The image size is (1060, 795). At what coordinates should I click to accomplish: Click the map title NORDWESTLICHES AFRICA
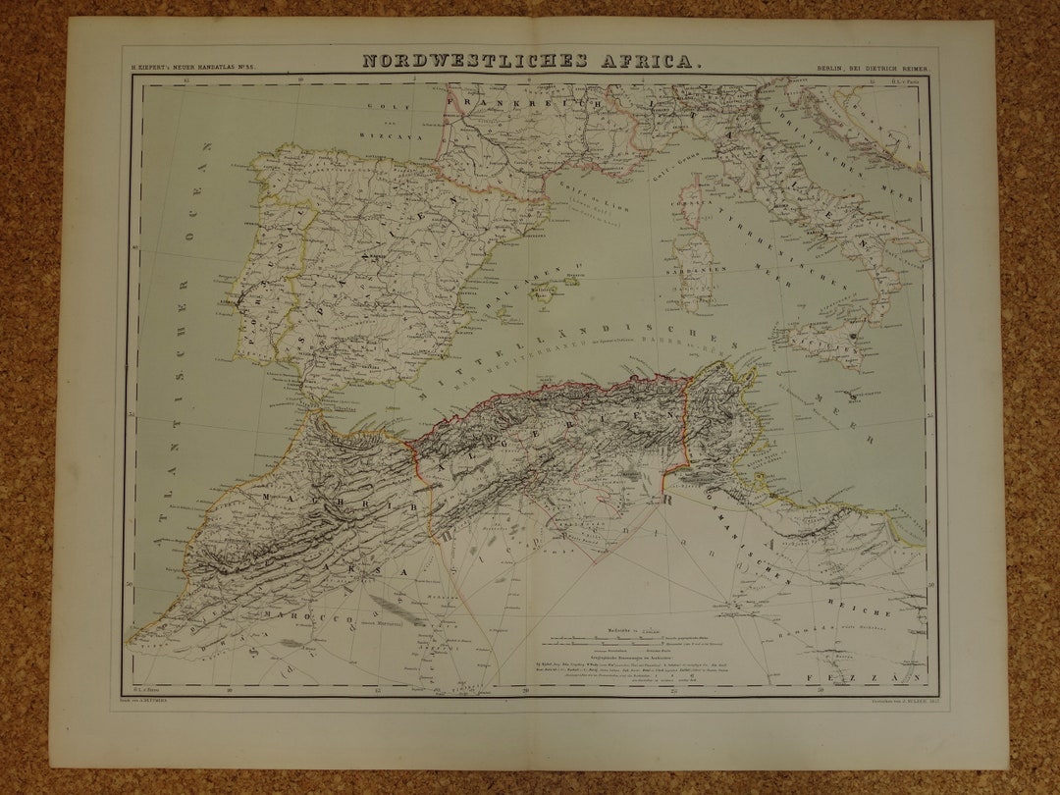click(x=531, y=61)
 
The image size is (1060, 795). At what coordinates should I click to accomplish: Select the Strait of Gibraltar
click(x=310, y=402)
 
